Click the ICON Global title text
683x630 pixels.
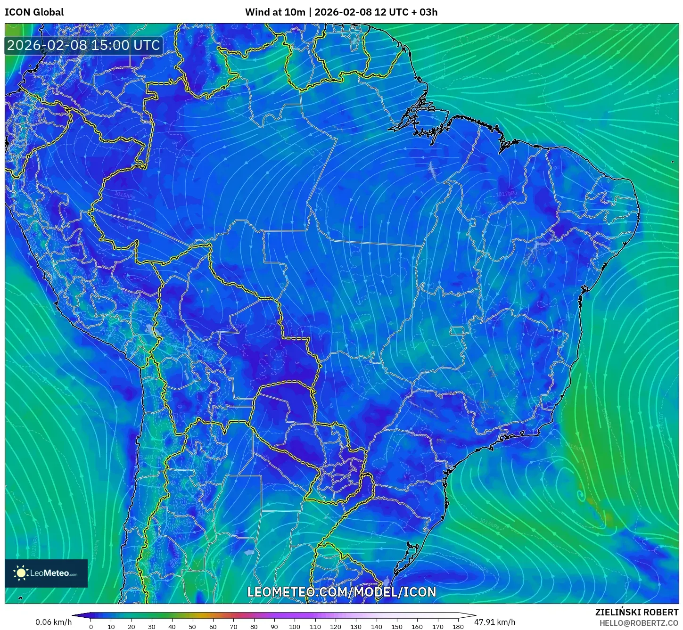34,12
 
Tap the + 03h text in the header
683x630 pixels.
425,12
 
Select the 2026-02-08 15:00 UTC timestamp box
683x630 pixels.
83,45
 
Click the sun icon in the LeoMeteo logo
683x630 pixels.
21,573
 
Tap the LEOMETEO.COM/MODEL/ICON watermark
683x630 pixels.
342,592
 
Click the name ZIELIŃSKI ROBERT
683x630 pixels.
637,613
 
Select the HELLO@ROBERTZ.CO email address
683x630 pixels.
639,623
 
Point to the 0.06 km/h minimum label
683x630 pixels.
53,622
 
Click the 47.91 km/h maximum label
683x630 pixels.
494,622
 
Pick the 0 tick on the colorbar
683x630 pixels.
91,627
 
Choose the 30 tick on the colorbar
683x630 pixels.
152,627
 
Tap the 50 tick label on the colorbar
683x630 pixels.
192,627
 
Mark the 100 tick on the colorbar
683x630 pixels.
295,627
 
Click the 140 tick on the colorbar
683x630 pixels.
376,627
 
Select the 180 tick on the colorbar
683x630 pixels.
458,627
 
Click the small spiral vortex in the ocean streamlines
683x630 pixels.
581,494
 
